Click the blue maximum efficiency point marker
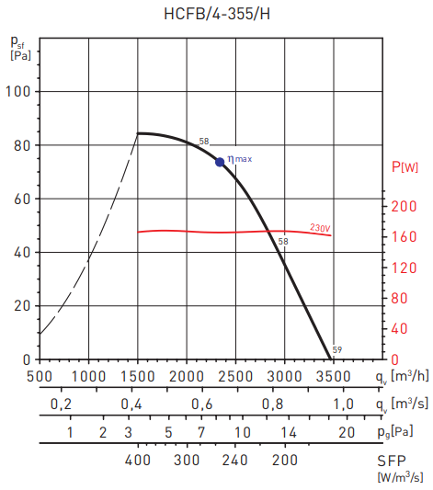pos(220,162)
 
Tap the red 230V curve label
pos(319,227)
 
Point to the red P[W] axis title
pos(404,166)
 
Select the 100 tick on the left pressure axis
pos(19,92)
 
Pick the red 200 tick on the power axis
pos(403,207)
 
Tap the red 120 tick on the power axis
pos(403,268)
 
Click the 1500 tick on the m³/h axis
pos(137,376)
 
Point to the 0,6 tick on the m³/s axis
pos(202,405)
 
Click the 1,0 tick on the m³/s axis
pos(343,405)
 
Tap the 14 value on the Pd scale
pos(289,432)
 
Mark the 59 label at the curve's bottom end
pos(337,350)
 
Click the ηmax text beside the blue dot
pos(239,159)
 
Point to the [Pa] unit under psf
pos(20,56)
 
